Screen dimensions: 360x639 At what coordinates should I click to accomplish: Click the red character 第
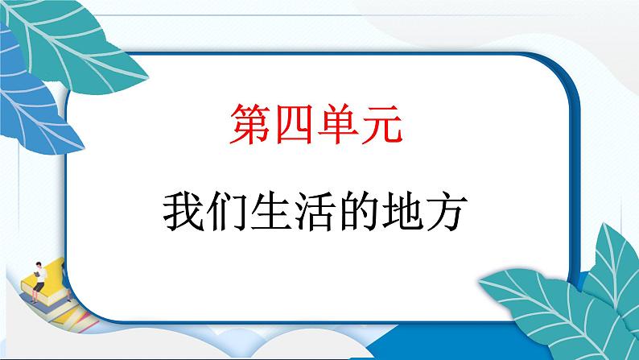click(x=250, y=128)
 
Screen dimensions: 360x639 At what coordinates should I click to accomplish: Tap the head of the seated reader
click(x=39, y=264)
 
